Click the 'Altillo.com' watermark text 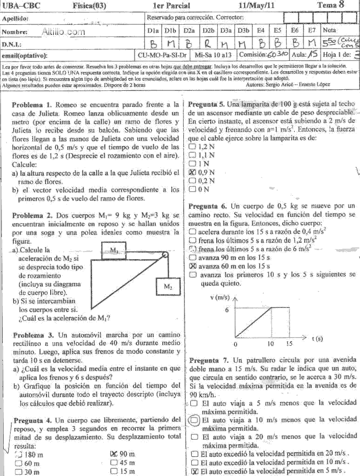(x=63, y=32)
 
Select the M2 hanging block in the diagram (x=168, y=287)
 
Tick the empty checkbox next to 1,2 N (x=193, y=147)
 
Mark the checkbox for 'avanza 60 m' (x=193, y=266)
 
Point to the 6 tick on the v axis (x=227, y=309)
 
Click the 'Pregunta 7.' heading (x=209, y=360)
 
